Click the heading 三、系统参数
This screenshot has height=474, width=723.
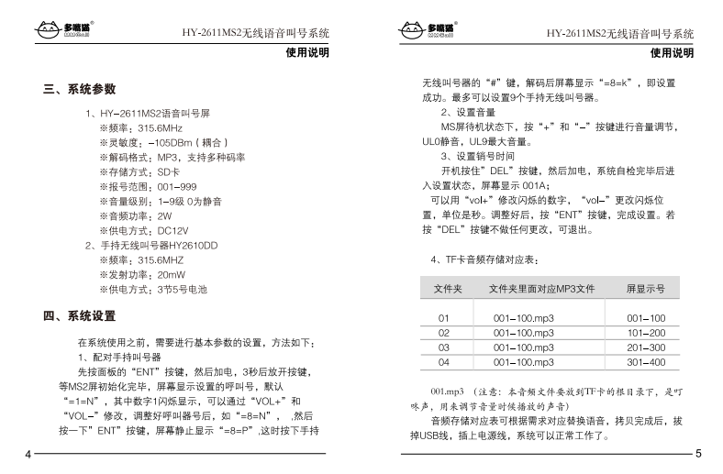(80, 90)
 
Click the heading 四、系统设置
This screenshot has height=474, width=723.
(80, 316)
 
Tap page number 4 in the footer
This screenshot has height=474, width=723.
(28, 454)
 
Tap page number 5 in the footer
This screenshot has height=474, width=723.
(697, 454)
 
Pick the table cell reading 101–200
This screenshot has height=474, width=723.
(645, 333)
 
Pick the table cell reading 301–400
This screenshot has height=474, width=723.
(645, 362)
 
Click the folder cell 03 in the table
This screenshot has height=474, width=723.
(444, 347)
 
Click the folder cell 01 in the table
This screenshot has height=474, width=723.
(444, 318)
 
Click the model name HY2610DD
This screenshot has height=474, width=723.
(193, 246)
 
